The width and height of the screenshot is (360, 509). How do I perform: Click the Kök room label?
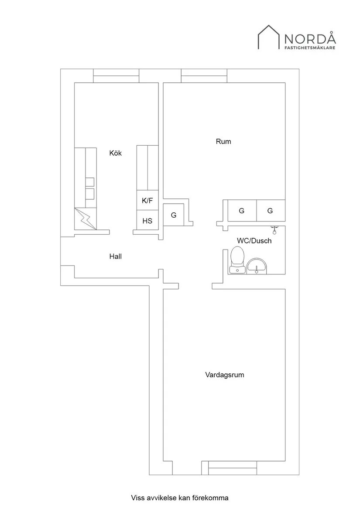(x=116, y=153)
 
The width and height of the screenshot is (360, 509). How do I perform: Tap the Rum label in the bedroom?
(x=223, y=141)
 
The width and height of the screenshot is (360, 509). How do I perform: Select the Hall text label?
(x=115, y=256)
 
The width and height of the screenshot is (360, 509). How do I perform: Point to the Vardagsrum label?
(x=224, y=375)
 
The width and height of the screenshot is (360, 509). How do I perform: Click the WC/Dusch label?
(x=254, y=240)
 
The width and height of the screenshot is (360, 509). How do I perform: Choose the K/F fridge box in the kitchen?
(x=147, y=201)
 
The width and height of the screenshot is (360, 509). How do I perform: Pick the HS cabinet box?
(x=147, y=221)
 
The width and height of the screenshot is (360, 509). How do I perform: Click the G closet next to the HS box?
(x=174, y=215)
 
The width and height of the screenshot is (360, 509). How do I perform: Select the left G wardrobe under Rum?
(x=242, y=211)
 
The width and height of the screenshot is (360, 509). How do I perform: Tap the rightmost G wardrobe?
(x=271, y=211)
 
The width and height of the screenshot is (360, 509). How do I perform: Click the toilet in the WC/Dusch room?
(x=237, y=260)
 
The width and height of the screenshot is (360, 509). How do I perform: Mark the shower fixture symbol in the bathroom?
(x=275, y=227)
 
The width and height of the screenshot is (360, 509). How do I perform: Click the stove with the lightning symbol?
(x=86, y=219)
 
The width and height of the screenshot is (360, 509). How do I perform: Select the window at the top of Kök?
(x=116, y=76)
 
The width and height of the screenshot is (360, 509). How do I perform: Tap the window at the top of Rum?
(x=204, y=76)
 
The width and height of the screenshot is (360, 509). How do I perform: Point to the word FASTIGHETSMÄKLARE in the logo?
(x=310, y=48)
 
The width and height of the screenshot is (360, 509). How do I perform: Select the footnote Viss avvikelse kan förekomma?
(x=180, y=498)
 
